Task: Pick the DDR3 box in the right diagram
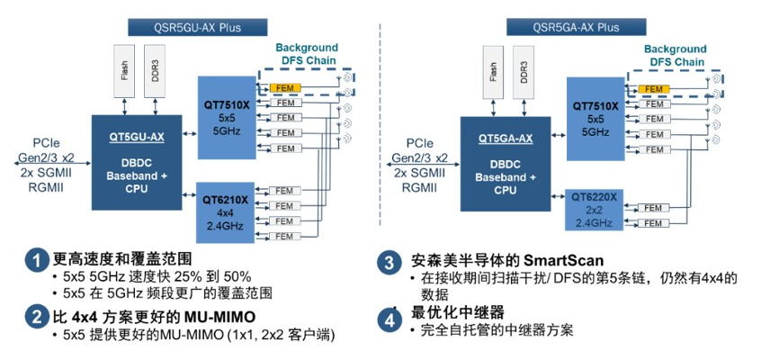coord(525,71)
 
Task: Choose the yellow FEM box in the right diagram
coord(654,89)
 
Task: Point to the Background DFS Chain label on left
coord(306,53)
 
